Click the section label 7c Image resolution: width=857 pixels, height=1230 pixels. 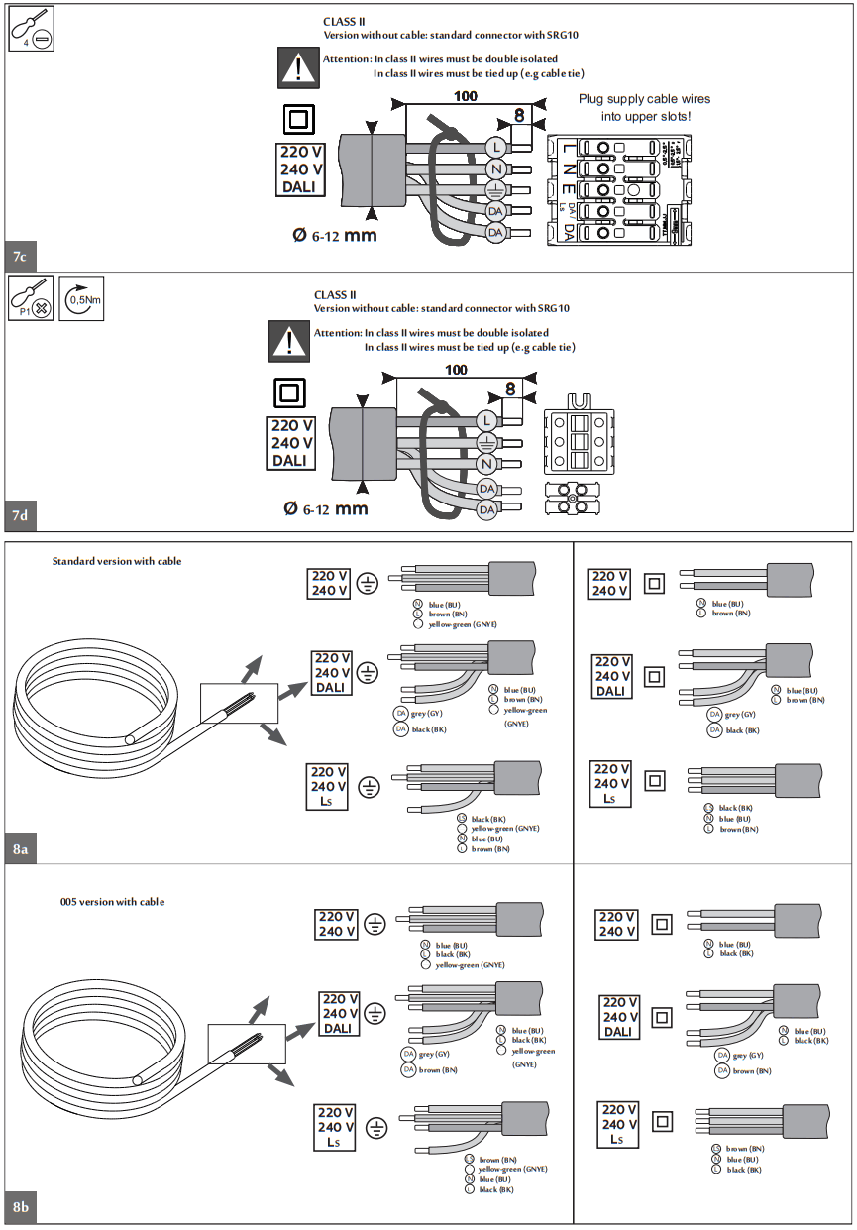tap(20, 258)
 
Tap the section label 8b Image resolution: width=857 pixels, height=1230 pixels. tap(21, 1207)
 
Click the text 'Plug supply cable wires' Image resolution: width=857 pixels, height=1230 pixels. tap(644, 99)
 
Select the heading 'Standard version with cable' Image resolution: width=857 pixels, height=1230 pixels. tap(117, 561)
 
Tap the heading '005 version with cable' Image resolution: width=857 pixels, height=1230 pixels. tap(112, 902)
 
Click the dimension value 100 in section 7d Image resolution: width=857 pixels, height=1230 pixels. tap(455, 370)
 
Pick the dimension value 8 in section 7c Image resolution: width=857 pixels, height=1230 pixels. tap(519, 115)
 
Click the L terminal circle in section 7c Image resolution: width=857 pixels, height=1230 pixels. tap(496, 147)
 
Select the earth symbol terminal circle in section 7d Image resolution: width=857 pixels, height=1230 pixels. tap(486, 442)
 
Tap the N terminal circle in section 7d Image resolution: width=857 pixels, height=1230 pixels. tap(486, 464)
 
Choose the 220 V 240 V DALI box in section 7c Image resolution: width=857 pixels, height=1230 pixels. tap(301, 169)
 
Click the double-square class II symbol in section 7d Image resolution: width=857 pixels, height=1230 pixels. tap(290, 392)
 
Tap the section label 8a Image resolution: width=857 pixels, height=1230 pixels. tap(21, 849)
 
